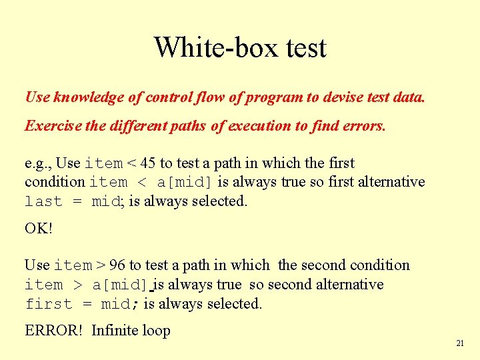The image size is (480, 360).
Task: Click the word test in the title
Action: [x=303, y=48]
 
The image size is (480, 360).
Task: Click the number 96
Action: [x=118, y=265]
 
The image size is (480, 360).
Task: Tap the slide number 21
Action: [x=460, y=343]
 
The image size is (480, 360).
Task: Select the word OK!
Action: [x=39, y=228]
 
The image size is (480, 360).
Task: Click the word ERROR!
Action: [x=53, y=331]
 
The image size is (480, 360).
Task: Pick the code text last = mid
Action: [x=71, y=202]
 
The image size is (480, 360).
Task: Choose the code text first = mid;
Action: [x=81, y=304]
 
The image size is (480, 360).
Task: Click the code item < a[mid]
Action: [x=151, y=183]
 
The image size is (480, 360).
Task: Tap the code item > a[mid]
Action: [x=87, y=285]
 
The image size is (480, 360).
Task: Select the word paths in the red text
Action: [x=183, y=126]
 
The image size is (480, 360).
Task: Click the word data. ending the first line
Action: [x=408, y=97]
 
